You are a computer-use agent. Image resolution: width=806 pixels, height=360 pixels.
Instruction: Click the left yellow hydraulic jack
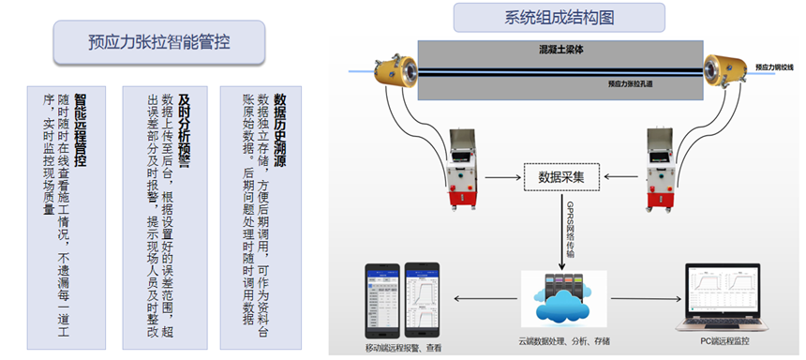click(386, 68)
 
